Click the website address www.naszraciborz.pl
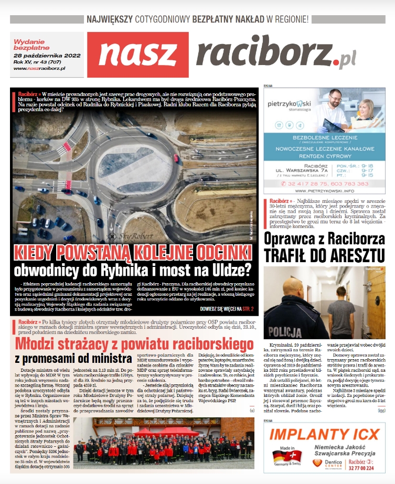[x=40, y=68]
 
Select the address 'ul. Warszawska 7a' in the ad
[x=305, y=169]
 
